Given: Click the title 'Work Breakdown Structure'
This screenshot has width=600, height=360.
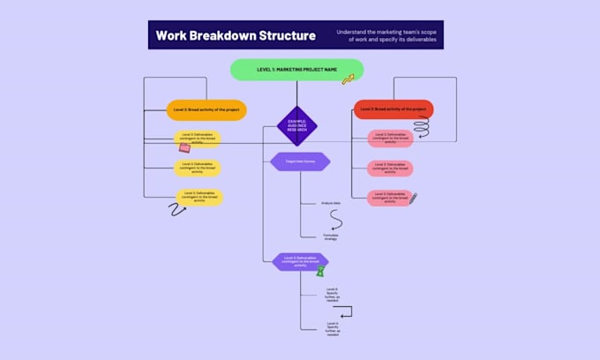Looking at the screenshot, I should [x=235, y=36].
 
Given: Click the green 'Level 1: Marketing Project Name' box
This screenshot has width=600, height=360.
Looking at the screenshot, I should [x=296, y=69].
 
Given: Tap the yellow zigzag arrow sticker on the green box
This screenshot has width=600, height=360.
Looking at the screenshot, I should [x=348, y=79].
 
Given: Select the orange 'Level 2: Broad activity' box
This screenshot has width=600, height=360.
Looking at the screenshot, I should [x=206, y=109].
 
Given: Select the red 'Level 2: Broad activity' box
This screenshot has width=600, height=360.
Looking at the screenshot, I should [x=394, y=109].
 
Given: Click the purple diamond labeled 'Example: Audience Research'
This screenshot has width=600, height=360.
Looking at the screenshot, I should [x=296, y=126].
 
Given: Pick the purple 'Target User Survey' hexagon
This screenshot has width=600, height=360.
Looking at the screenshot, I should [x=296, y=161].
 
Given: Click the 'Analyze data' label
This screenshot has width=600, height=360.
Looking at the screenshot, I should [x=331, y=204].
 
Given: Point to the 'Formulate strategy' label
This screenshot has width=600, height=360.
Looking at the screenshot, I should [x=331, y=236].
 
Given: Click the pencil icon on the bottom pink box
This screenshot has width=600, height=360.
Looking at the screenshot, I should [x=412, y=199].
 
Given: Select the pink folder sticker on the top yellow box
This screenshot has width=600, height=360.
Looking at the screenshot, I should [x=184, y=147].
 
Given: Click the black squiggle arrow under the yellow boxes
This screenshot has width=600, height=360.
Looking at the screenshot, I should [x=177, y=209].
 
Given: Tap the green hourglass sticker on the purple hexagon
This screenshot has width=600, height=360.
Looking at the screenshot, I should [x=321, y=271].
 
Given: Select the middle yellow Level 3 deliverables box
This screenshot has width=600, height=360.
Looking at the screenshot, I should [x=198, y=167].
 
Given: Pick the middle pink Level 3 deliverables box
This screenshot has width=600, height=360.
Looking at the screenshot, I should [x=390, y=167].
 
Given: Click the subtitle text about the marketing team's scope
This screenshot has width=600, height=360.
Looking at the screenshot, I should [x=386, y=36].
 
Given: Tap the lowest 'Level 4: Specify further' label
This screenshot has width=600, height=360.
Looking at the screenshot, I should [x=331, y=328].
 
